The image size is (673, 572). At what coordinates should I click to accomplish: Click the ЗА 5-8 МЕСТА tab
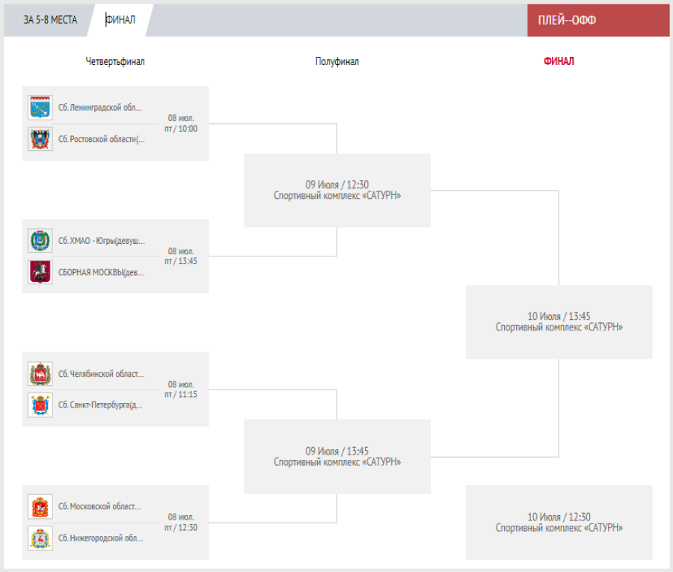tap(50, 20)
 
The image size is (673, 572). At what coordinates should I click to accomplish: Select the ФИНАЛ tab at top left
tap(120, 20)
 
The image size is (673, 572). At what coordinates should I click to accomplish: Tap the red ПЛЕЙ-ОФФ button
tap(567, 20)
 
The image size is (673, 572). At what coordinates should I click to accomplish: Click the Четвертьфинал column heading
tap(115, 61)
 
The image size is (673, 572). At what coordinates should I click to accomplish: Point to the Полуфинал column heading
tap(337, 61)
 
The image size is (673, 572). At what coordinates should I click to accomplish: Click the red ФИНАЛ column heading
tap(559, 61)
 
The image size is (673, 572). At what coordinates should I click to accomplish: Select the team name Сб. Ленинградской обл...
tap(100, 108)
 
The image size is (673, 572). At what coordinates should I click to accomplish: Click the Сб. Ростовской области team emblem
tap(40, 139)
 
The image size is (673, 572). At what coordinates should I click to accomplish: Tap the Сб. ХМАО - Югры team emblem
tap(40, 241)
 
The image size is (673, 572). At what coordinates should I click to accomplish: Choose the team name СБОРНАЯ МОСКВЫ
tap(101, 272)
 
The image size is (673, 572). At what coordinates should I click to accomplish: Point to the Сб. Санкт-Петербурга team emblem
tap(40, 405)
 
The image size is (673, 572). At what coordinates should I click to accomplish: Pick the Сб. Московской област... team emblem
tap(40, 507)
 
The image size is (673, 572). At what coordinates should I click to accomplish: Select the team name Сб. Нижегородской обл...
tap(101, 538)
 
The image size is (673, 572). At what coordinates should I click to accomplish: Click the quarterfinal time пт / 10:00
tap(181, 129)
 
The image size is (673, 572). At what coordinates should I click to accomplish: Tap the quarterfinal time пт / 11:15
tap(181, 395)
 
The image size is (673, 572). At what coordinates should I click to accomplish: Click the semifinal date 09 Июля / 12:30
tap(337, 185)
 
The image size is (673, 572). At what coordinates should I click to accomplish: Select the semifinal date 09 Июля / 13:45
tap(337, 451)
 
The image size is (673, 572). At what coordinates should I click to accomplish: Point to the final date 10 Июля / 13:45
tap(559, 316)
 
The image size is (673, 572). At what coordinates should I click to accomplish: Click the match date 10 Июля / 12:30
tap(559, 517)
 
